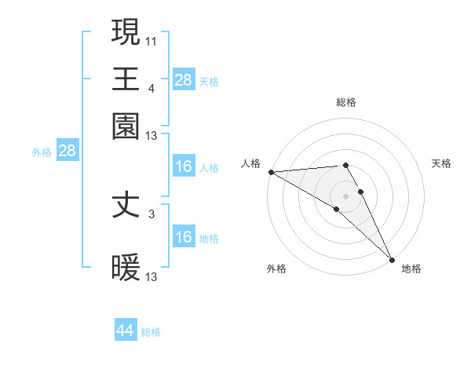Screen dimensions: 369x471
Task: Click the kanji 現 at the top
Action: click(126, 33)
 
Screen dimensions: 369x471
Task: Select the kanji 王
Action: click(126, 79)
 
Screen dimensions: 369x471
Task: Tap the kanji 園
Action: click(126, 126)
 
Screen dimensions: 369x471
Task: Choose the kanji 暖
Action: click(126, 268)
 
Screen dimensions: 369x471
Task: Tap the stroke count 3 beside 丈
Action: click(152, 214)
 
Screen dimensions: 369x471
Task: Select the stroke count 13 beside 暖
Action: click(152, 276)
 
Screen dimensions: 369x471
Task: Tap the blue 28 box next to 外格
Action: click(67, 152)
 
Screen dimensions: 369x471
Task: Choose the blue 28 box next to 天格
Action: click(184, 79)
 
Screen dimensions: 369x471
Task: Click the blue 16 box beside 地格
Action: click(184, 237)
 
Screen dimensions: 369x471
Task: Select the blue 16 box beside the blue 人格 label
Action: click(184, 166)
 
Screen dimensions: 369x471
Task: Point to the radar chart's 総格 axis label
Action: click(346, 102)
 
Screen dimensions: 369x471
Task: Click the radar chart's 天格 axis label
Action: click(442, 163)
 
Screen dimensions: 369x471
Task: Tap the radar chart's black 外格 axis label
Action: click(276, 269)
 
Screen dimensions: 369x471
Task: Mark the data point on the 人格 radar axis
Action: click(271, 171)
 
